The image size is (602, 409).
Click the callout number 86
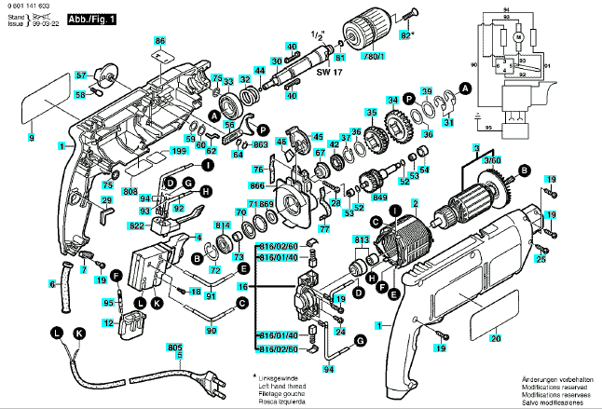point(159,41)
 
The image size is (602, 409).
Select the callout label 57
point(81,75)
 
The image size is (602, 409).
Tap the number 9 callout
point(31,138)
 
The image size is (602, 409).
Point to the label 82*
point(405,35)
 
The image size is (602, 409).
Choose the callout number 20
point(496,338)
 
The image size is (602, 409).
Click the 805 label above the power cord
point(174,348)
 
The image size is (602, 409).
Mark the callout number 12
point(108,323)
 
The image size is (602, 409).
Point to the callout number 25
point(540,257)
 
